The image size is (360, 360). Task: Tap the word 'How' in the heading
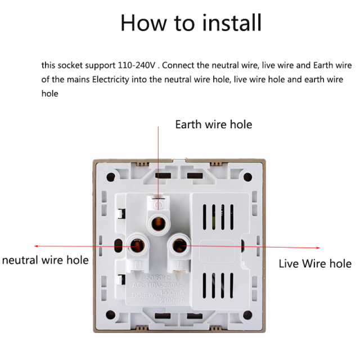145,22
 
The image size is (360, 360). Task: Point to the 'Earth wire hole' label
213,124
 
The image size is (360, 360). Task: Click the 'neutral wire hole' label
45,260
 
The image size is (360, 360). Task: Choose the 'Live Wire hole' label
315,263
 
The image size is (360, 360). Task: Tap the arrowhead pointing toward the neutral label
37,246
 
